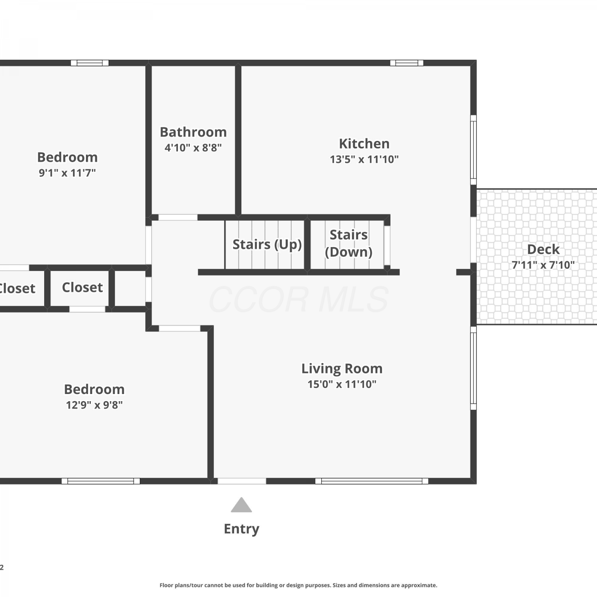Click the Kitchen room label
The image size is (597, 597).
click(x=364, y=143)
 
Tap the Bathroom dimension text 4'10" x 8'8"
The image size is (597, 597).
click(x=193, y=148)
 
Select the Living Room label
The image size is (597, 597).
click(x=342, y=369)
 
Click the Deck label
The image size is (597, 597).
click(x=543, y=249)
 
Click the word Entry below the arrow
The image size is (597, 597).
click(x=242, y=529)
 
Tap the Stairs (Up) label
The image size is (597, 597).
click(x=267, y=244)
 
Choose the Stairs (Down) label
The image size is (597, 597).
click(x=349, y=243)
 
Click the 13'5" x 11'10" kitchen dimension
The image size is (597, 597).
click(x=364, y=159)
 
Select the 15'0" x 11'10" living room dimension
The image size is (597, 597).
click(x=342, y=384)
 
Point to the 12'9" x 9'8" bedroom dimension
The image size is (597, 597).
click(x=94, y=405)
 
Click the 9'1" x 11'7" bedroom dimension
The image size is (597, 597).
click(x=67, y=173)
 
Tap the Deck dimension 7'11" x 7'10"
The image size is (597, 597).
click(x=543, y=265)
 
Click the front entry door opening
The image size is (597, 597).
click(x=242, y=481)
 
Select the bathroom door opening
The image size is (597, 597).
click(x=178, y=217)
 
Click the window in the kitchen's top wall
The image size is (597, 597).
click(x=407, y=63)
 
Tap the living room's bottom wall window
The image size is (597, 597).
click(x=372, y=481)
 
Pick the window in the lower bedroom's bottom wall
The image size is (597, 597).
click(x=101, y=481)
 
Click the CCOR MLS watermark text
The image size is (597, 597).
click(x=298, y=299)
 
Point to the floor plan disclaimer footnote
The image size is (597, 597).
click(x=298, y=585)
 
